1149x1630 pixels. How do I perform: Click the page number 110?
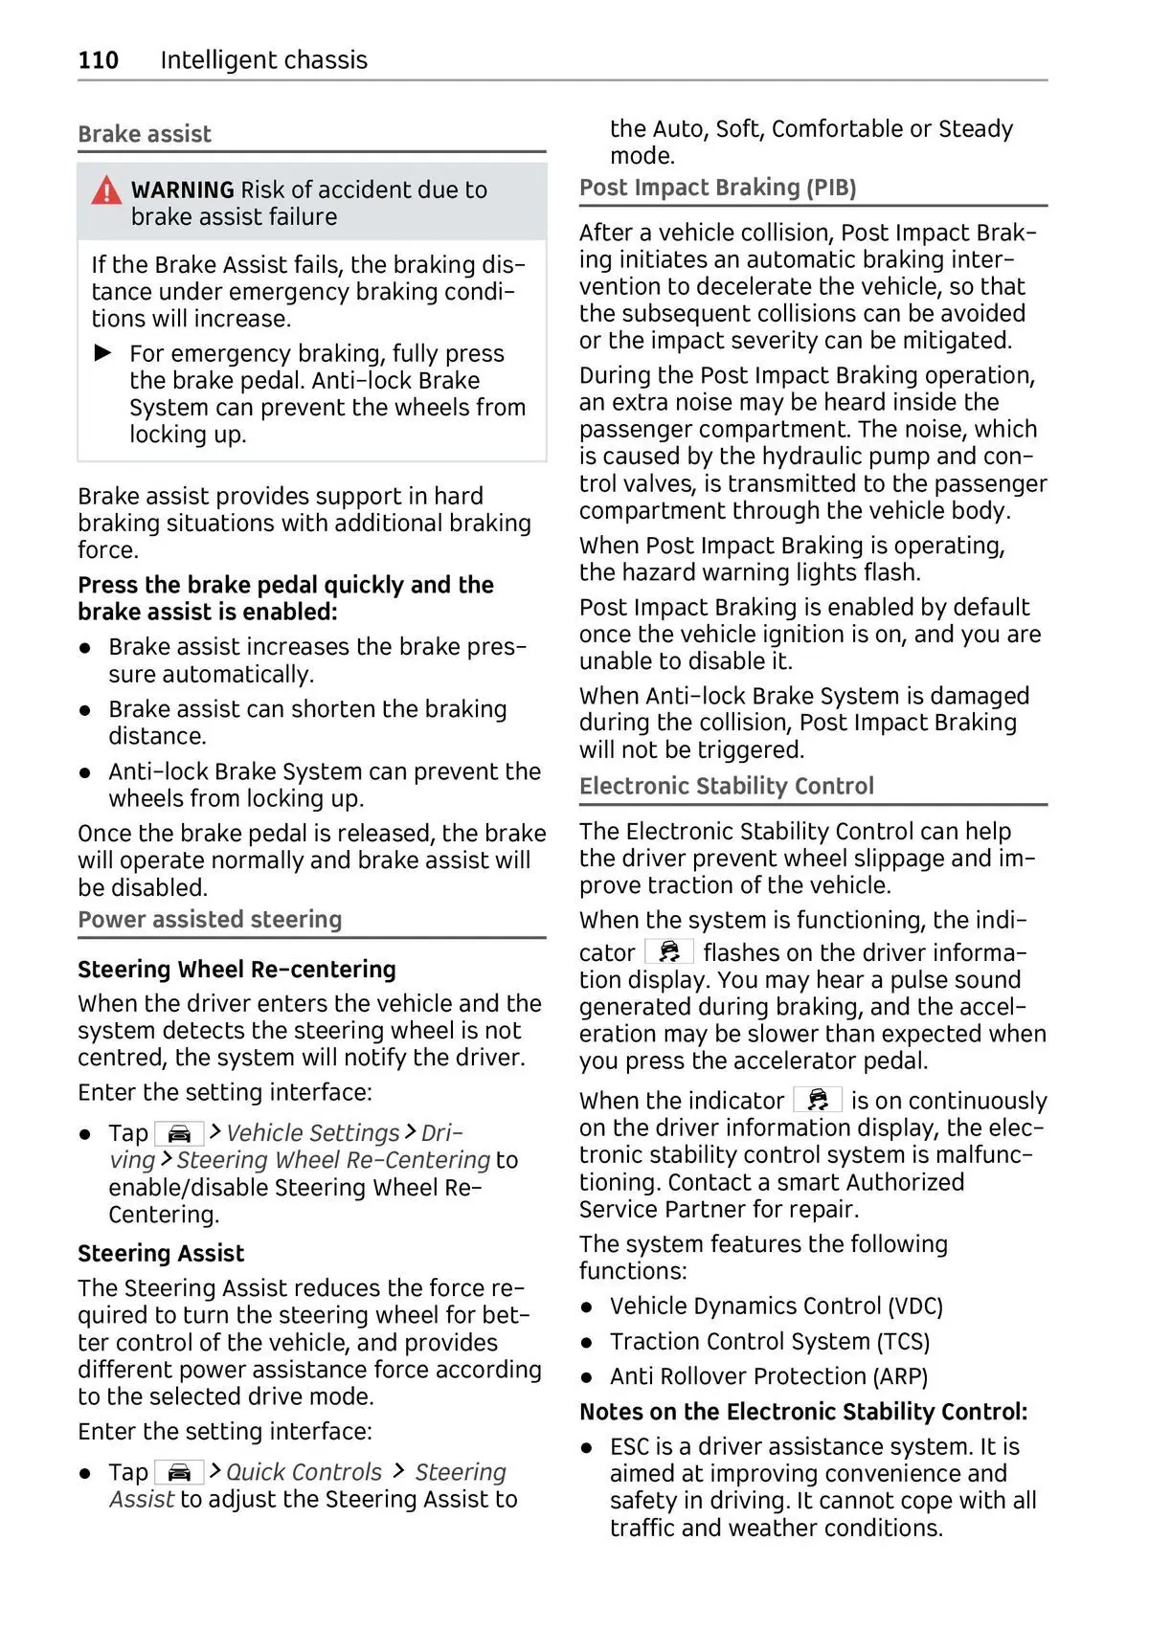tap(98, 60)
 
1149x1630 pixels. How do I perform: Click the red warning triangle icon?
tap(106, 190)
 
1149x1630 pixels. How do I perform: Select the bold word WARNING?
tap(182, 190)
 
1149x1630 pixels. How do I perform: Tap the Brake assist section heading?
tap(145, 134)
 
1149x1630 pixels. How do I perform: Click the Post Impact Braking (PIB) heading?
tap(717, 188)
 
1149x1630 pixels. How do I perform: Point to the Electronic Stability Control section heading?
tap(726, 786)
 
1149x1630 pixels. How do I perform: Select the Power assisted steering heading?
tap(210, 920)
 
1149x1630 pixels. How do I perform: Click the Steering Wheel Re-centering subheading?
tap(237, 970)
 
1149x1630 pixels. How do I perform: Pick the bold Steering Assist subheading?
tap(161, 1254)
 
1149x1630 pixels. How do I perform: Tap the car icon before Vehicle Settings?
tap(179, 1134)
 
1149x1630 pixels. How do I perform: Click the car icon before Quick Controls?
tap(179, 1473)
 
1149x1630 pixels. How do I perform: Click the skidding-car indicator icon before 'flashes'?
tap(669, 952)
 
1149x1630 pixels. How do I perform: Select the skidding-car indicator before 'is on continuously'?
tap(818, 1100)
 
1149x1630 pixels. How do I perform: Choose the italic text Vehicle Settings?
tap(312, 1133)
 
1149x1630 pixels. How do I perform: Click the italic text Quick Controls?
tap(304, 1473)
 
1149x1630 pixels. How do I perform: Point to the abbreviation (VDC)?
tap(915, 1306)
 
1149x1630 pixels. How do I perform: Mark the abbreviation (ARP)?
tap(900, 1376)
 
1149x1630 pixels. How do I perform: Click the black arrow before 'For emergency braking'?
tap(103, 353)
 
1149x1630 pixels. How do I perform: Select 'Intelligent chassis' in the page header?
tap(263, 60)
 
